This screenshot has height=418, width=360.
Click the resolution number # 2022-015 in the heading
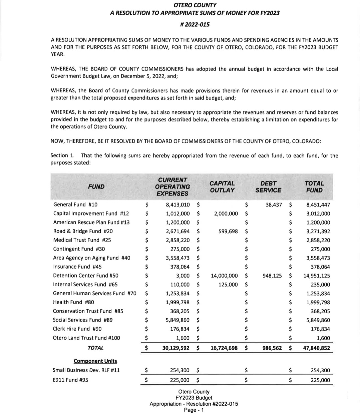click(195, 24)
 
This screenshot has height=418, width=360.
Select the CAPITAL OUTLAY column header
click(222, 187)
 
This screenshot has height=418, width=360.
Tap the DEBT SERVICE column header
click(268, 187)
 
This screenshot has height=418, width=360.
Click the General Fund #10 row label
click(75, 205)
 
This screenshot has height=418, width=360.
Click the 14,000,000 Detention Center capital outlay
click(224, 276)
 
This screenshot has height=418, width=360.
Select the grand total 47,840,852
click(316, 348)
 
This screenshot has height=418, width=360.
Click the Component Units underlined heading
click(95, 361)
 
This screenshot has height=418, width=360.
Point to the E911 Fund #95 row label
click(71, 380)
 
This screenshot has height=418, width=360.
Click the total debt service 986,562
click(272, 348)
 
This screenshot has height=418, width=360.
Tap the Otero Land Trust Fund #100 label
click(86, 338)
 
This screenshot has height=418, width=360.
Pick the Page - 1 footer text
click(194, 410)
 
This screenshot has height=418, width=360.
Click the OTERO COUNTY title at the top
click(195, 5)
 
